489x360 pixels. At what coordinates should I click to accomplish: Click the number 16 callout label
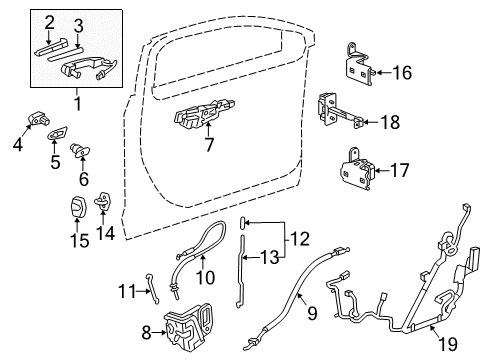point(401,72)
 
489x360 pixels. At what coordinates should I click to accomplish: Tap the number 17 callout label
point(399,170)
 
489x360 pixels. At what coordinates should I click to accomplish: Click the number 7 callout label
point(208,146)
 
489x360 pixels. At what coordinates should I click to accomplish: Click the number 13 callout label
point(272,258)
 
